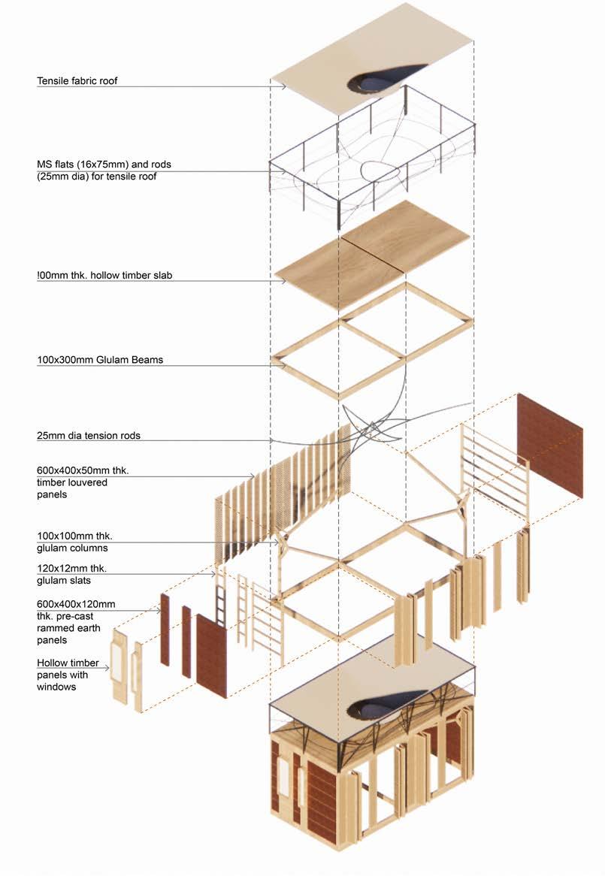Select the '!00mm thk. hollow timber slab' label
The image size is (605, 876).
[x=104, y=276]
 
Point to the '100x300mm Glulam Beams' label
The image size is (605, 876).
[x=100, y=360]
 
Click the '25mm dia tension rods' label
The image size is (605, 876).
[x=89, y=435]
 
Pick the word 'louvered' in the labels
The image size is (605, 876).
[x=88, y=483]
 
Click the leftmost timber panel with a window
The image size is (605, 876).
[x=119, y=666]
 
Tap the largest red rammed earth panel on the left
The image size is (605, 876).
[x=211, y=654]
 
